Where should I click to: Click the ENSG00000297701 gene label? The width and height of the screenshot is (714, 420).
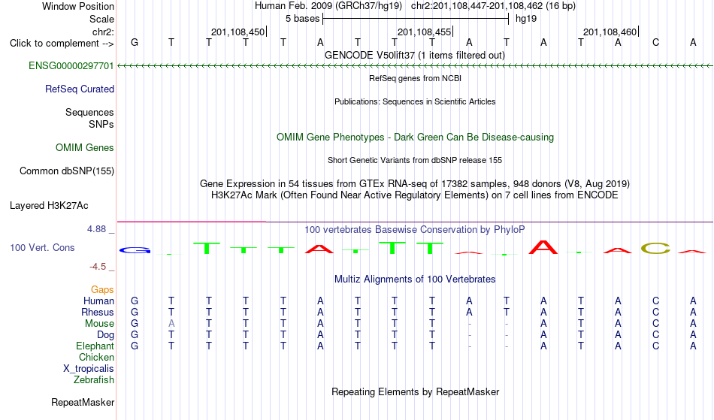[x=71, y=66]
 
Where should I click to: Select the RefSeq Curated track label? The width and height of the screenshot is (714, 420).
[x=80, y=89]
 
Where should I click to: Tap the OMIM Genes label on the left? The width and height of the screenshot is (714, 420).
[x=85, y=148]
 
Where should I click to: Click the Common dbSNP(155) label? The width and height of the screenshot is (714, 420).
[x=67, y=171]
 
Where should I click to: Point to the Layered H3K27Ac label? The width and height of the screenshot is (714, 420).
[x=49, y=206]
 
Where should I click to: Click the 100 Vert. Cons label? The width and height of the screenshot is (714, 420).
[x=42, y=247]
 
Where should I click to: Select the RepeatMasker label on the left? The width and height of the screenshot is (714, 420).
[x=83, y=402]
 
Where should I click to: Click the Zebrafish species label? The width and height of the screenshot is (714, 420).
[x=94, y=380]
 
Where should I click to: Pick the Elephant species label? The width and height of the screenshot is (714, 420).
[x=95, y=346]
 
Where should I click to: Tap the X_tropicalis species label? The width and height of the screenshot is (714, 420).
[x=89, y=369]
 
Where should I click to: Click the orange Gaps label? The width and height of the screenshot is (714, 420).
[x=102, y=290]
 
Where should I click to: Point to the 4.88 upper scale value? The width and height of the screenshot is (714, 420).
[x=96, y=229]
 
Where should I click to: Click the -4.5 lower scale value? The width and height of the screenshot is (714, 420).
[x=98, y=267]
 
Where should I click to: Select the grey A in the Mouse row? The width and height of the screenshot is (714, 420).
[x=171, y=324]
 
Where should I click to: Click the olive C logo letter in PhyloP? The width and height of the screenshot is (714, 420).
[x=655, y=249]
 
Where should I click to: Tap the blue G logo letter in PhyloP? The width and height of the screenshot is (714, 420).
[x=135, y=250]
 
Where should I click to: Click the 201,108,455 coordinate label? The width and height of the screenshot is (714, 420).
[x=424, y=32]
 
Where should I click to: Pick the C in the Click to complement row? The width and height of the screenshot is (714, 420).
[x=655, y=43]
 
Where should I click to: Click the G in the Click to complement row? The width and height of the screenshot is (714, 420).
[x=135, y=43]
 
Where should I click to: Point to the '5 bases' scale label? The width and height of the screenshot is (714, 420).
[x=303, y=19]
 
